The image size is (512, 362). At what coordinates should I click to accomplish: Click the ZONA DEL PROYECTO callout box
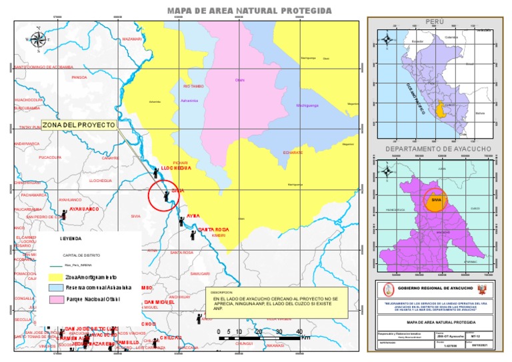pos(79,125)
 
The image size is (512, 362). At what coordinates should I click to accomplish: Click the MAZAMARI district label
pos(132,39)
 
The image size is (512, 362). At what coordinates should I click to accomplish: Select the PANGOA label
pos(79,77)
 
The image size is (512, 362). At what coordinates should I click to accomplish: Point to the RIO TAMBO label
pos(193,87)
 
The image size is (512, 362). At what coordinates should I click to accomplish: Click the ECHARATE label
pos(293,153)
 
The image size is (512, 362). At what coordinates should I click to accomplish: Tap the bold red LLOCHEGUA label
pos(177,168)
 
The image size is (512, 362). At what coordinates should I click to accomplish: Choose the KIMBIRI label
pos(219,235)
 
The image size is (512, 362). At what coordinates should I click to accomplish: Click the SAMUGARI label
pos(200,273)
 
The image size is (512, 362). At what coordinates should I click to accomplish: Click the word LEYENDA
pos(71,238)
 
